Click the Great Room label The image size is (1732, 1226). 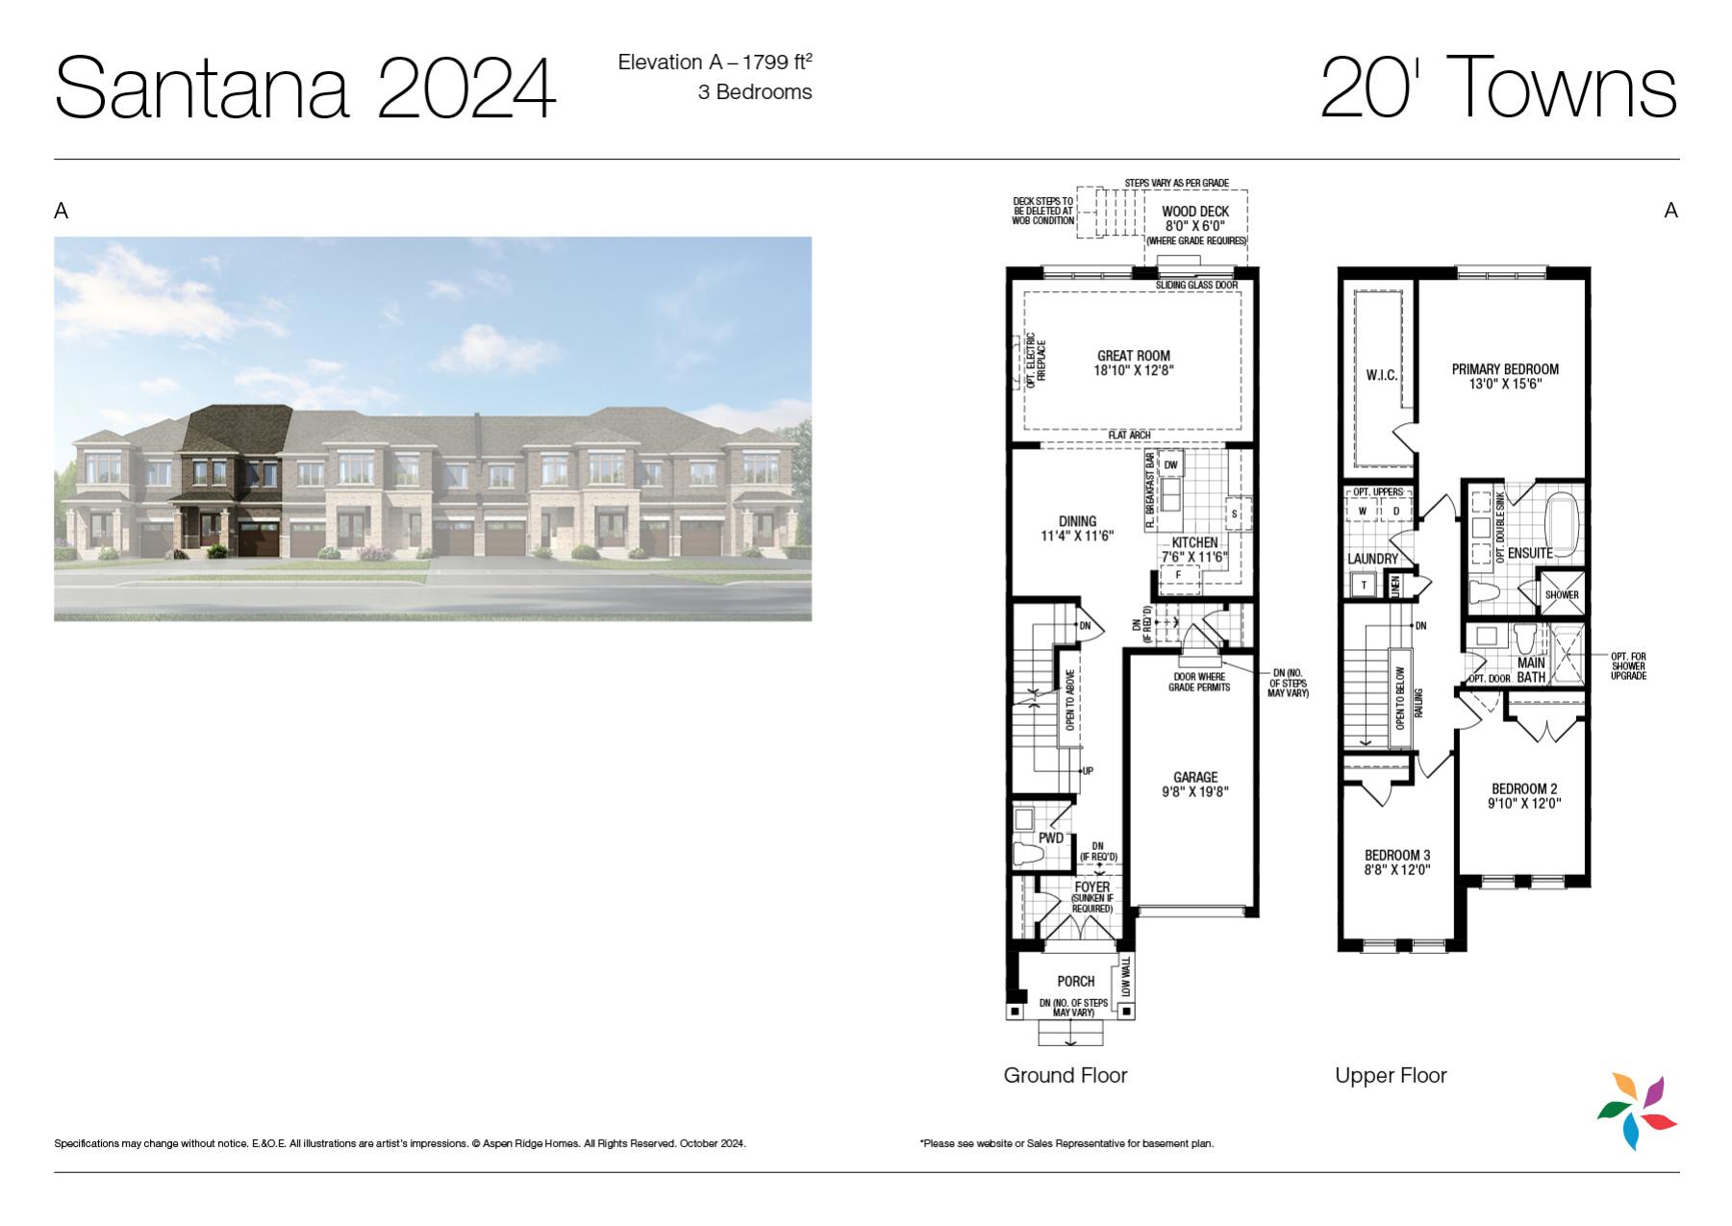tap(1134, 356)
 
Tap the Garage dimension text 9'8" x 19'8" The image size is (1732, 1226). tap(1195, 792)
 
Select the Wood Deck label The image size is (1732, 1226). tap(1195, 212)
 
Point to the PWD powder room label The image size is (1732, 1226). tap(1051, 838)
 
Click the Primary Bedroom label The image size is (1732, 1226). tap(1505, 369)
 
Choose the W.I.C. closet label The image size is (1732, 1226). tap(1382, 376)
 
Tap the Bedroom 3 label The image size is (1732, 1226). tap(1397, 855)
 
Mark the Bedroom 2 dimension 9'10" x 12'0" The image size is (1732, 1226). tap(1524, 804)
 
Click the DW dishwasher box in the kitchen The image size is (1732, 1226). tap(1170, 465)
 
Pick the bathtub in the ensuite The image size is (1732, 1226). tap(1563, 522)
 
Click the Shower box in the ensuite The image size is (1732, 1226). tap(1562, 594)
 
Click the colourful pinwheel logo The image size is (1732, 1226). tap(1637, 1112)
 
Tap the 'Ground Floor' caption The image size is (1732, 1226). tap(1066, 1075)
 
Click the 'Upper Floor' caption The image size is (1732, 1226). tap(1391, 1075)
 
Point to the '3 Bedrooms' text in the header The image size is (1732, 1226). tap(755, 92)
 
